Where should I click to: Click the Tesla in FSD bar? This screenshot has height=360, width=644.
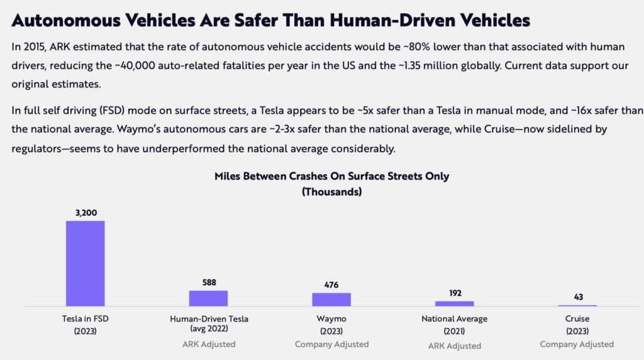85,263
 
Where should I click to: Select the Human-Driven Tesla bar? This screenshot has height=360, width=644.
208,298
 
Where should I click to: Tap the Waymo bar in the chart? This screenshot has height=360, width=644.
331,299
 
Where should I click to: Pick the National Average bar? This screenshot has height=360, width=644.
454,303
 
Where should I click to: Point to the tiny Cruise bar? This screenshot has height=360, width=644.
577,305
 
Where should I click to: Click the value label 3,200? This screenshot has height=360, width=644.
85,213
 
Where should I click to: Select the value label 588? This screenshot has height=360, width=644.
209,283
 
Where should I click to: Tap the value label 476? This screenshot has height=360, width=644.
331,285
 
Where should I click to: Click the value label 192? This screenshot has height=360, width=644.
454,293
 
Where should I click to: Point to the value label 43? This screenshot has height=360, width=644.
577,297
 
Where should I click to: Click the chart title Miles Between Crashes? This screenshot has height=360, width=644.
331,176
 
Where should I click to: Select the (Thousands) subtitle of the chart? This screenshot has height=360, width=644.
331,192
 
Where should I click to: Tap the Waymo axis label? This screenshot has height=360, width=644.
331,319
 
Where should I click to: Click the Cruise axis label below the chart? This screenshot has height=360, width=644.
577,319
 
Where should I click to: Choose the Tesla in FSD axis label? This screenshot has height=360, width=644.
85,319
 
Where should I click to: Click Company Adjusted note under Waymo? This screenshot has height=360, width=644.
331,344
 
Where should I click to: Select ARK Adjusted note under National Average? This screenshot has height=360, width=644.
454,346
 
